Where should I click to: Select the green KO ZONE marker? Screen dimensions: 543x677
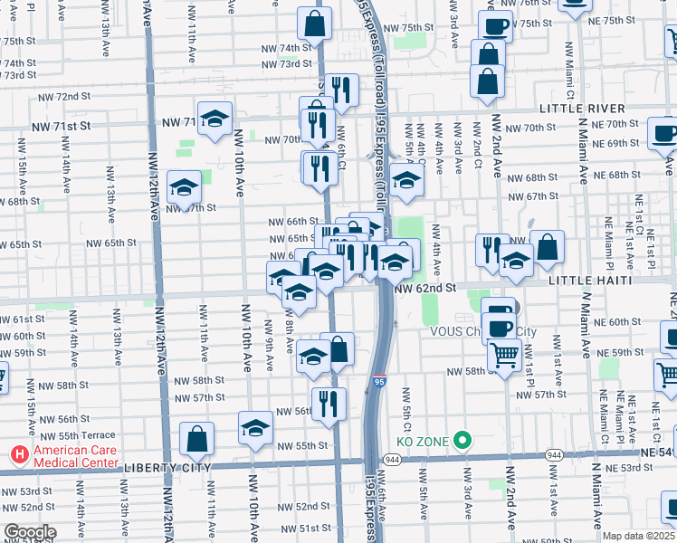[x=462, y=442]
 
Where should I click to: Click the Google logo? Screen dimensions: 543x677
[x=30, y=532]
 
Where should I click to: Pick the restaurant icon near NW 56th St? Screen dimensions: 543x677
[x=328, y=402]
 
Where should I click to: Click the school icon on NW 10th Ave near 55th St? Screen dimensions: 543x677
[x=256, y=428]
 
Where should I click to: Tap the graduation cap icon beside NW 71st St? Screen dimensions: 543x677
[x=215, y=119]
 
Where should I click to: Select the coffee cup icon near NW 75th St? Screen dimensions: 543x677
[x=494, y=26]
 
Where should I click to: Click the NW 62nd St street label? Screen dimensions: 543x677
[x=425, y=288]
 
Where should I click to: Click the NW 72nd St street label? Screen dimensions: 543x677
[x=64, y=96]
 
